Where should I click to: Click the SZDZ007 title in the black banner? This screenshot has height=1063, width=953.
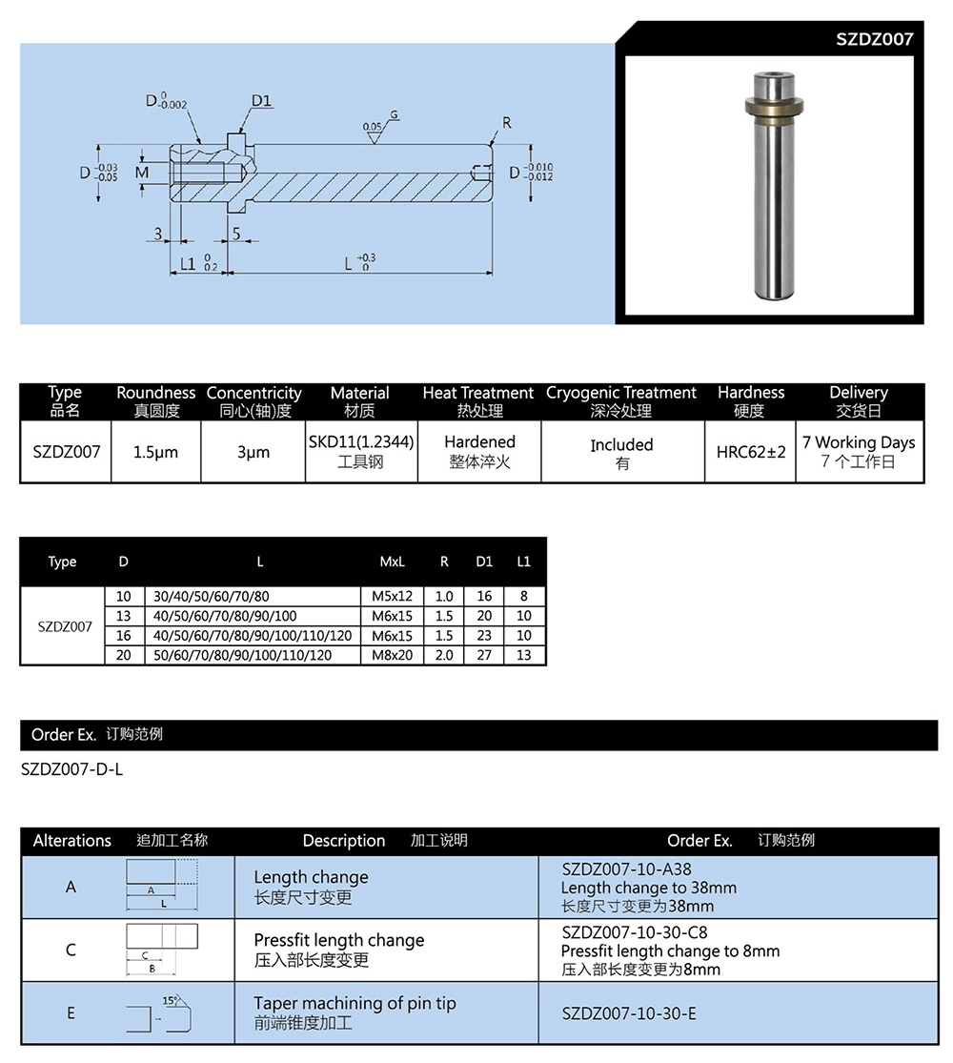[874, 39]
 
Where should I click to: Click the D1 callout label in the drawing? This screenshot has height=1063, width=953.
[262, 101]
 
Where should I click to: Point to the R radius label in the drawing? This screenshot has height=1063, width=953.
[507, 123]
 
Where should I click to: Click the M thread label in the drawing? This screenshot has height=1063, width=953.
[142, 173]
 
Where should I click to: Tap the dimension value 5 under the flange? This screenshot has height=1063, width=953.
[235, 233]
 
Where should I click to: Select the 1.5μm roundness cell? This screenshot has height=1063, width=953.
[155, 452]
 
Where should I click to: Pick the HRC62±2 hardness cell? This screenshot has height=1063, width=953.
[751, 452]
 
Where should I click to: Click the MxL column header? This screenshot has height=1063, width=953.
[392, 562]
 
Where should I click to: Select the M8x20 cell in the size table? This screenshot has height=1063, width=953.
[392, 655]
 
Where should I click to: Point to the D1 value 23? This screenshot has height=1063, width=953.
[484, 636]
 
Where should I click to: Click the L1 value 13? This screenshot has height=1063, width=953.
[523, 655]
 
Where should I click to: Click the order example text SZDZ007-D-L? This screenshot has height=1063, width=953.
[71, 769]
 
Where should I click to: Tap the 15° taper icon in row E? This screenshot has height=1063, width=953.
[161, 1012]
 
